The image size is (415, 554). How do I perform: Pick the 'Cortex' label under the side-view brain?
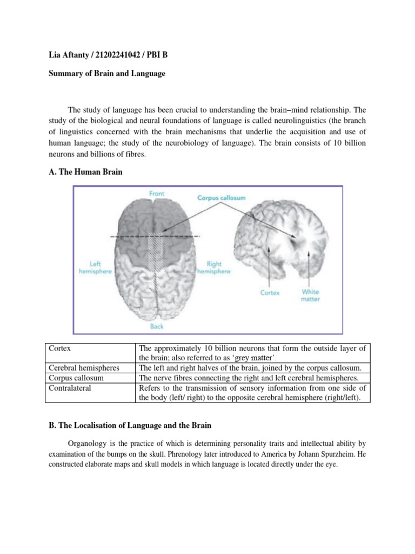270,293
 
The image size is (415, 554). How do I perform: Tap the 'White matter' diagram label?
310,295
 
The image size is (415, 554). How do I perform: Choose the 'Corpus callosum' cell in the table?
74,378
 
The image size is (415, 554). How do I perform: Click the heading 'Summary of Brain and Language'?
104,74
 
